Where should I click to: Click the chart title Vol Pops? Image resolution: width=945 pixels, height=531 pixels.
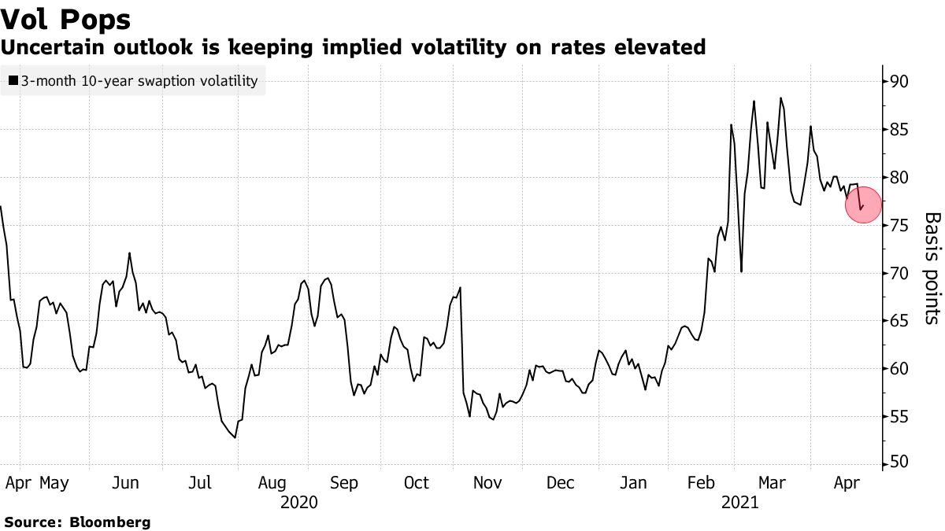coord(66,19)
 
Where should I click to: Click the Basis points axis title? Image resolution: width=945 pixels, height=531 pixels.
coord(931,267)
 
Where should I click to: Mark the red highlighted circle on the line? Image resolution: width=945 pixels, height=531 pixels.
coord(864,206)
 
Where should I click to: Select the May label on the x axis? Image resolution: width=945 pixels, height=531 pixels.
coord(54,482)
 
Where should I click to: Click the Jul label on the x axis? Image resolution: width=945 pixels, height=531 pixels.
coord(199,482)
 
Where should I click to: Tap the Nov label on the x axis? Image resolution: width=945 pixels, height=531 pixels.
coord(488,482)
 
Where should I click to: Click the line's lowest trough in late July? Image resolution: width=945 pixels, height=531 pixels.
coord(235,437)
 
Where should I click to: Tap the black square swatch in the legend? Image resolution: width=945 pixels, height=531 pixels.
coord(13,81)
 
